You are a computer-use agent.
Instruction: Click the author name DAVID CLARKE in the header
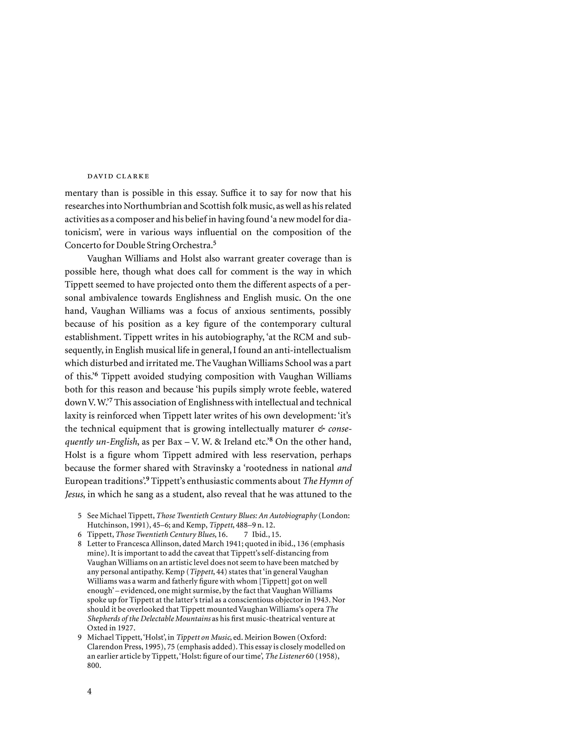click(x=118, y=176)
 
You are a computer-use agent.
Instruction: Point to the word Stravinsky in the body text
click(x=215, y=468)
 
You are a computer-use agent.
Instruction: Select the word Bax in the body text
click(x=175, y=442)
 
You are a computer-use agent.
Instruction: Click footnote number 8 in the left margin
click(x=80, y=544)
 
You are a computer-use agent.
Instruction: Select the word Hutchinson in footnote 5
click(x=105, y=525)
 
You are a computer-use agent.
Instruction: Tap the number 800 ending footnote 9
click(x=94, y=666)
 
